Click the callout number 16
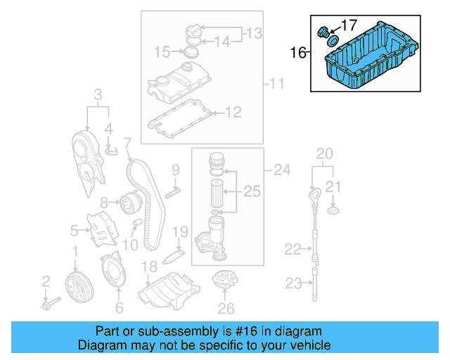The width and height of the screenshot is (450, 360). pyautogui.click(x=298, y=51)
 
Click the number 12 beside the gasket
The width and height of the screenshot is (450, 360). pyautogui.click(x=233, y=111)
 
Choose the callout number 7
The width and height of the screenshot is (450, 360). pyautogui.click(x=127, y=145)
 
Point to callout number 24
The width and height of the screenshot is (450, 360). pyautogui.click(x=281, y=169)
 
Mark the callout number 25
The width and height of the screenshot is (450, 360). pyautogui.click(x=251, y=191)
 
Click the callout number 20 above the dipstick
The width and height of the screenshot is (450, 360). pyautogui.click(x=324, y=154)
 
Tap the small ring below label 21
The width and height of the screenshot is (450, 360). pyautogui.click(x=335, y=210)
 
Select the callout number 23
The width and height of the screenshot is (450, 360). pyautogui.click(x=292, y=283)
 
